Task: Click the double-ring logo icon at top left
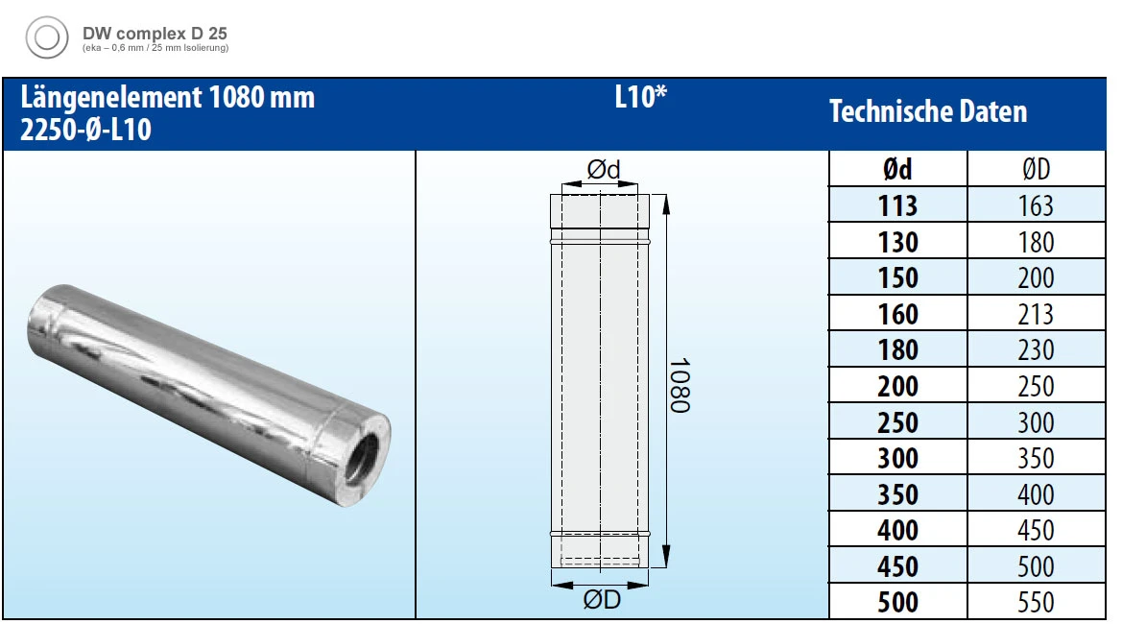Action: [46, 39]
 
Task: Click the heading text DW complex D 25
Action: [155, 32]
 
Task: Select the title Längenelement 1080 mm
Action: [168, 97]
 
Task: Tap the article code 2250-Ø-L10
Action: [85, 130]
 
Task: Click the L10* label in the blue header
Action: [640, 98]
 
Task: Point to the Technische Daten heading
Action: [927, 112]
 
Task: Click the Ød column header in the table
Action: [897, 170]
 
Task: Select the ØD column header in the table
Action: [1036, 170]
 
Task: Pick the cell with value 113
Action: [897, 205]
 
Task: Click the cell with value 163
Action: [1036, 205]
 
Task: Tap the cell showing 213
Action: [1036, 314]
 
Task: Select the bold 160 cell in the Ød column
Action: [897, 314]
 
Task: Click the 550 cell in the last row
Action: [1036, 603]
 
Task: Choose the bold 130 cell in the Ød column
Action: [897, 242]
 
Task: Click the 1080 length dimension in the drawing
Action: [679, 386]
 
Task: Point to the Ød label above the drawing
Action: [604, 170]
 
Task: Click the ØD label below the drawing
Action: [602, 601]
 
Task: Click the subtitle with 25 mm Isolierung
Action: [155, 47]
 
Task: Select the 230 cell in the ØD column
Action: [1036, 350]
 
